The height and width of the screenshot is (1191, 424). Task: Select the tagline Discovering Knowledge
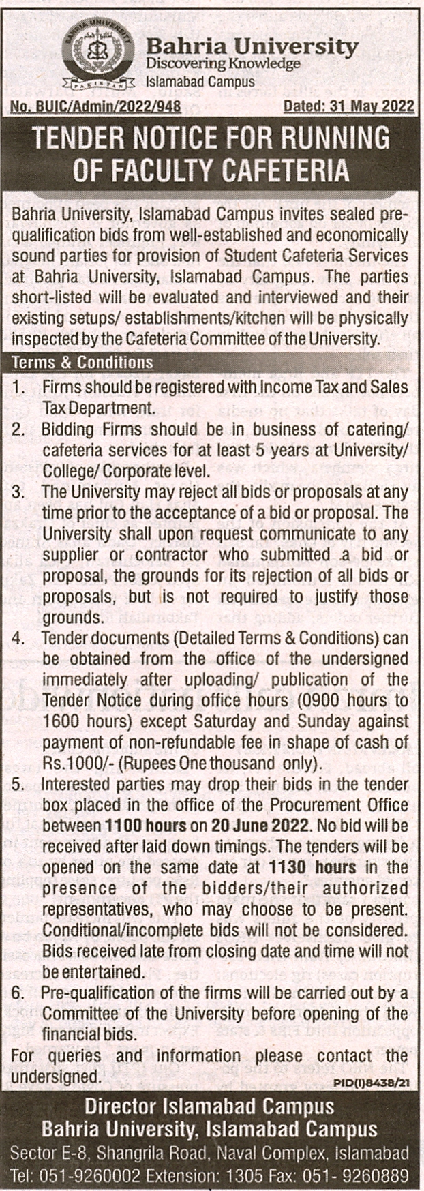pyautogui.click(x=223, y=63)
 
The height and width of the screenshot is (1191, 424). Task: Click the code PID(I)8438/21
pyautogui.click(x=374, y=1081)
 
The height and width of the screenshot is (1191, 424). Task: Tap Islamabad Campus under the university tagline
pyautogui.click(x=191, y=82)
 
